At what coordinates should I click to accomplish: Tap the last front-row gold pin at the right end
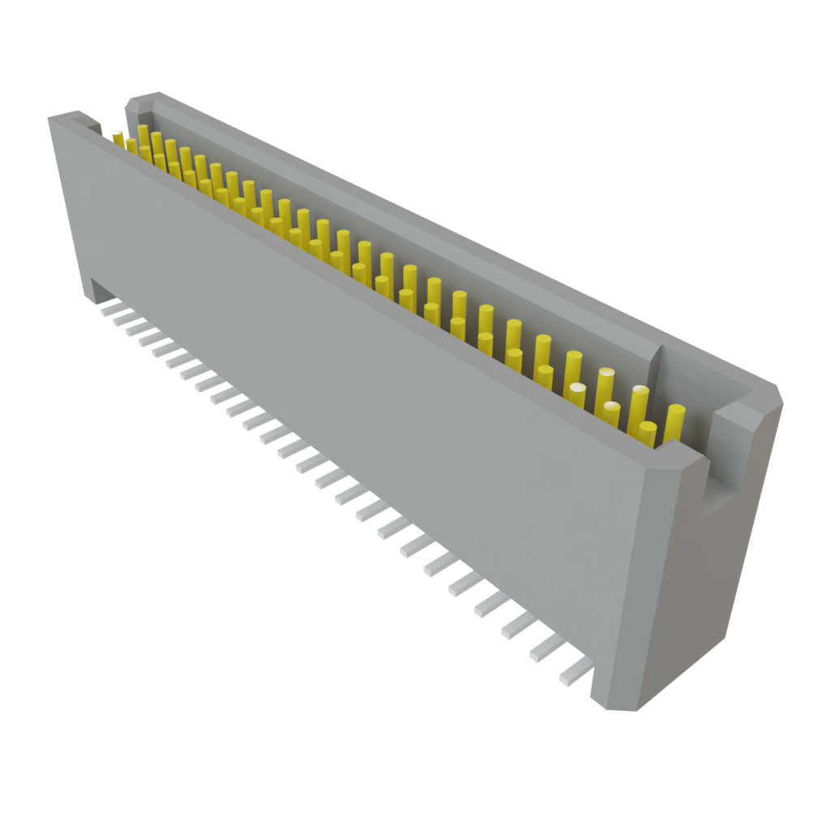click(x=647, y=434)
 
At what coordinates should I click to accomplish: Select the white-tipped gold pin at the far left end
click(x=118, y=137)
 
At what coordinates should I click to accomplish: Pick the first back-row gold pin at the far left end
click(x=143, y=135)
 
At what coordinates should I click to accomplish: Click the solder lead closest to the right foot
click(x=574, y=672)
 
